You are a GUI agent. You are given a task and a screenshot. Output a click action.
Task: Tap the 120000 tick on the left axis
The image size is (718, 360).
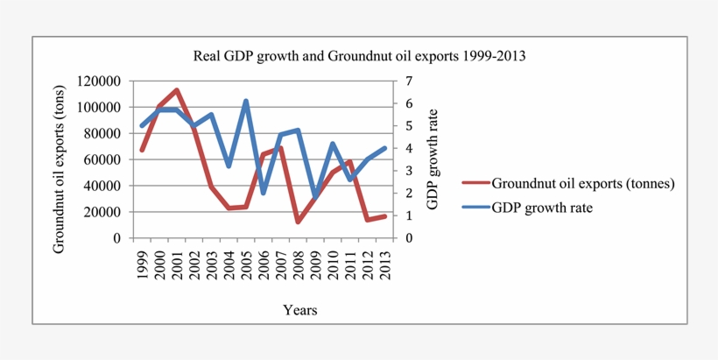[99, 81]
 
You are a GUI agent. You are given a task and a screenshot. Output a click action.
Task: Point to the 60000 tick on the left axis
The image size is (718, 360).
[102, 159]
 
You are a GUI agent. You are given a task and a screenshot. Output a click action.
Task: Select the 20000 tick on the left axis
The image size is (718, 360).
[102, 212]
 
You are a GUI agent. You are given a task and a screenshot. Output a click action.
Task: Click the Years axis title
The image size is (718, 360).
[300, 310]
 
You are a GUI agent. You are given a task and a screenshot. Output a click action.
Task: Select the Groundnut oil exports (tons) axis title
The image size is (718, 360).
[60, 164]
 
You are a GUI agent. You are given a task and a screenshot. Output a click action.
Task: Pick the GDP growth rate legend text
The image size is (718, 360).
[544, 208]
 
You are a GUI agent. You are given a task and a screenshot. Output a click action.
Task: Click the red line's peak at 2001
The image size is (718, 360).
[177, 90]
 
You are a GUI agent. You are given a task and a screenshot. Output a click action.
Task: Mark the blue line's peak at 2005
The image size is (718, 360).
[246, 102]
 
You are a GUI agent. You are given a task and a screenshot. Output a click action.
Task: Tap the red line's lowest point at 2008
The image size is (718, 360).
[298, 222]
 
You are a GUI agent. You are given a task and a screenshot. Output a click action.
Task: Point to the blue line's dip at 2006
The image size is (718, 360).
[264, 193]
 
